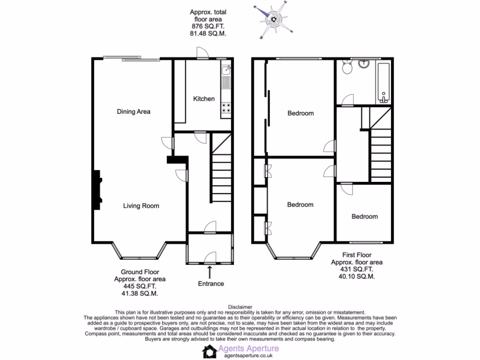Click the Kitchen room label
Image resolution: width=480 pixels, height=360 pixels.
pos(204,99)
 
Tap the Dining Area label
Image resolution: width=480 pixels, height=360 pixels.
pos(134,112)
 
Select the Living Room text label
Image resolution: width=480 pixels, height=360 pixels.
pos(141,206)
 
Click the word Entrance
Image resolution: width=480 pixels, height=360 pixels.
pos(210,284)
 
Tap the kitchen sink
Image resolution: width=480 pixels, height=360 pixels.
pos(226,70)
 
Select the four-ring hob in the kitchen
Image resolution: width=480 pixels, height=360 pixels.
pos(226,108)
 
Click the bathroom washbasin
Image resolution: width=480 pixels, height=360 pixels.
pos(364,64)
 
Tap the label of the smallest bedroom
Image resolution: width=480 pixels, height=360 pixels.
pos(365,217)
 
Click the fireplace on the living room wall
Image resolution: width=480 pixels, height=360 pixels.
pos(97,190)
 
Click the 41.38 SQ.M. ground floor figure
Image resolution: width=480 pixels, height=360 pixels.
pos(139,293)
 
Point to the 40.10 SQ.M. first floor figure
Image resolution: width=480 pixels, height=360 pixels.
pos(356,277)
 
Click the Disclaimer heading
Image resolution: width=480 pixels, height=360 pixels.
pos(240,307)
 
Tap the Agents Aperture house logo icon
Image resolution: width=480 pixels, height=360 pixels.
pos(209,352)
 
